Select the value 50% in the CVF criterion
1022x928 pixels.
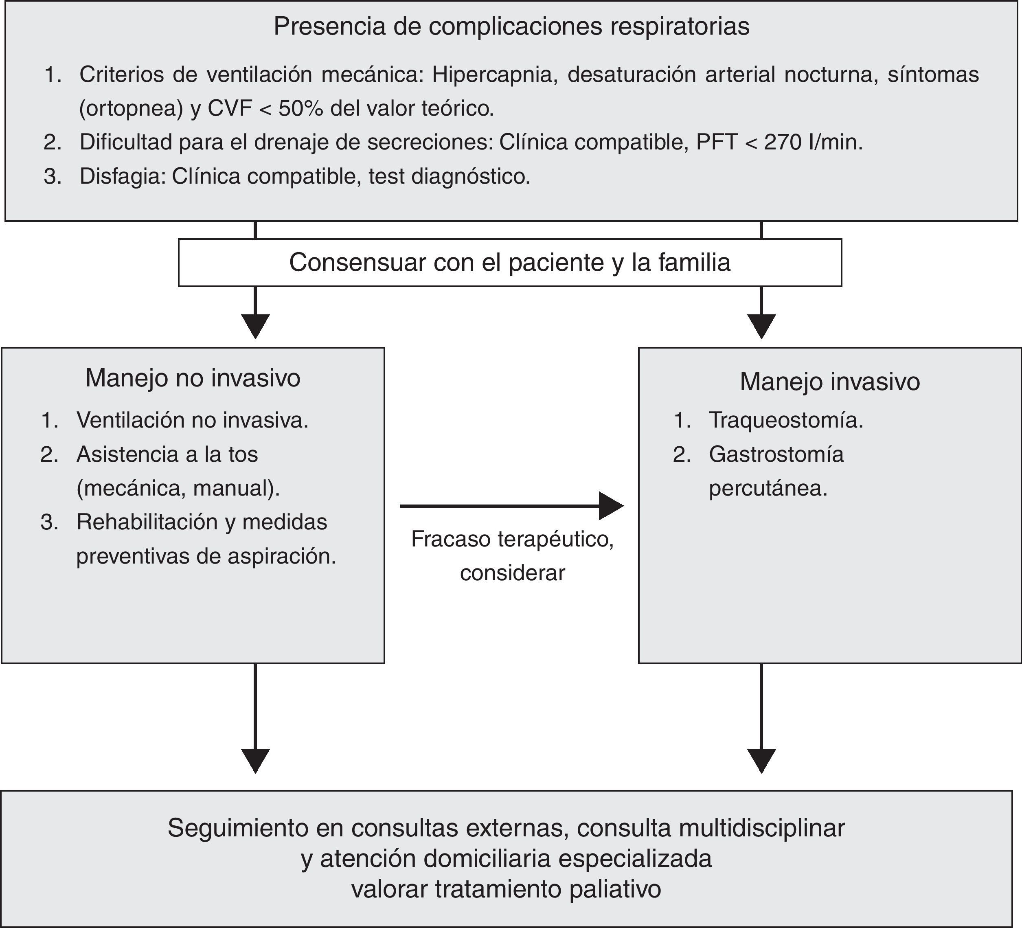click(x=300, y=109)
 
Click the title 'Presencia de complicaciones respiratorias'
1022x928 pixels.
click(x=511, y=26)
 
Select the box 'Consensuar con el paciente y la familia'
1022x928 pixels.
click(x=509, y=263)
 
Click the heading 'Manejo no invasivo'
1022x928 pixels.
click(x=193, y=378)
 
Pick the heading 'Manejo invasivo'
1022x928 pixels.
click(x=829, y=382)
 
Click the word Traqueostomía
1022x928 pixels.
click(x=786, y=420)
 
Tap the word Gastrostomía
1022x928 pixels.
click(x=776, y=454)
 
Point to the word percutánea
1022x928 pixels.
click(x=768, y=488)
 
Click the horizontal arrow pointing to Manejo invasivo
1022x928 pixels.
click(x=511, y=506)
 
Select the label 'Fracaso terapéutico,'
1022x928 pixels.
click(x=512, y=539)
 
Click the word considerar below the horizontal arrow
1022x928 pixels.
click(x=512, y=573)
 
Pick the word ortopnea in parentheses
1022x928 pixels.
click(x=131, y=109)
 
